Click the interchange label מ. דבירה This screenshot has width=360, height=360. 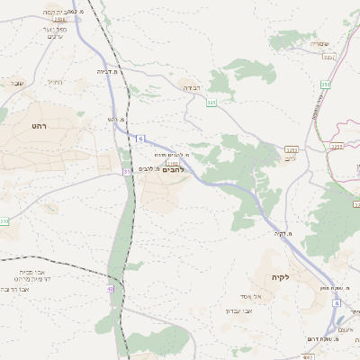[110, 70]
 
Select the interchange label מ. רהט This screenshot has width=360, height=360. [115, 119]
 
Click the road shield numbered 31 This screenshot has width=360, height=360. [127, 171]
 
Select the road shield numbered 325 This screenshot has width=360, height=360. [211, 103]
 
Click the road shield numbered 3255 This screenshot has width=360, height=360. [291, 149]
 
